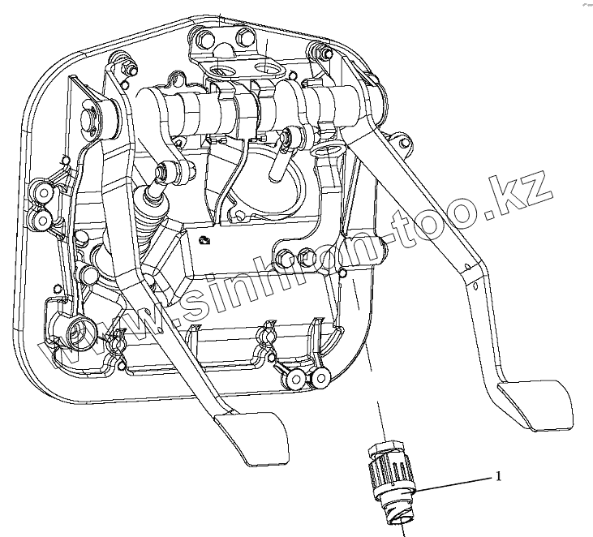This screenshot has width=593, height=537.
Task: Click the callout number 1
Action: pos(498,476)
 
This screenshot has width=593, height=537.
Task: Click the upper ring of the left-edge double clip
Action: pos(39,192)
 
